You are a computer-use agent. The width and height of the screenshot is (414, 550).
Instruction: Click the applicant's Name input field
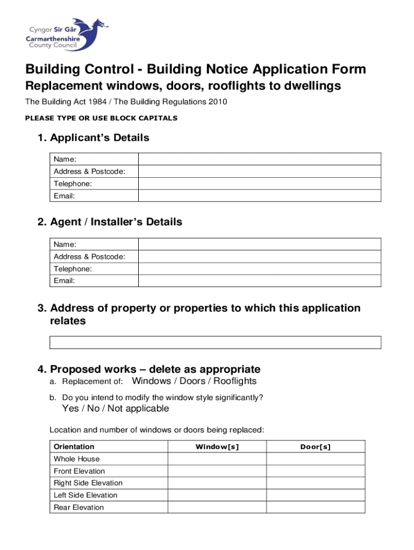tap(260, 159)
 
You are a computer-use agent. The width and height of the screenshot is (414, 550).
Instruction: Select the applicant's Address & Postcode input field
tap(260, 171)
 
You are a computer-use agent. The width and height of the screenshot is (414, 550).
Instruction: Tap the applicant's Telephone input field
tap(260, 184)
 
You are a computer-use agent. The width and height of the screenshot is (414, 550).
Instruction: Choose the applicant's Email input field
tap(260, 196)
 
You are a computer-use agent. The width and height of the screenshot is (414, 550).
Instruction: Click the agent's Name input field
tap(260, 244)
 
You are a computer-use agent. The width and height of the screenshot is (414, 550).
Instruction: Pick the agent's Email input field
tap(260, 281)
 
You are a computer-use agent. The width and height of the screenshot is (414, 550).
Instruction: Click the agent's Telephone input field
tap(260, 269)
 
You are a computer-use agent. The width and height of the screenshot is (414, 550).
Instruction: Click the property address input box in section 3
tap(215, 343)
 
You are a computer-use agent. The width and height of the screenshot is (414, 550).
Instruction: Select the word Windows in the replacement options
tap(152, 381)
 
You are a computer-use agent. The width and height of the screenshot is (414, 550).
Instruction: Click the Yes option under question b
tap(70, 409)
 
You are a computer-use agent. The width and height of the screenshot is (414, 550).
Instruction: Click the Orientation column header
tap(74, 447)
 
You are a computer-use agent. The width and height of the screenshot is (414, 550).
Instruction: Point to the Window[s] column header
tap(217, 447)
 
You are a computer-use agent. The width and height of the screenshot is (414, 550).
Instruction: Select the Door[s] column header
tap(316, 447)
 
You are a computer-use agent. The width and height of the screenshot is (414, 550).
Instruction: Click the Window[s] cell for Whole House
tap(217, 459)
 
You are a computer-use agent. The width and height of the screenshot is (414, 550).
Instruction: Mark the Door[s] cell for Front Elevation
tap(316, 471)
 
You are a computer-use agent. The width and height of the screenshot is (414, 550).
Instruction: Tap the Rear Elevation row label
tap(78, 508)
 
